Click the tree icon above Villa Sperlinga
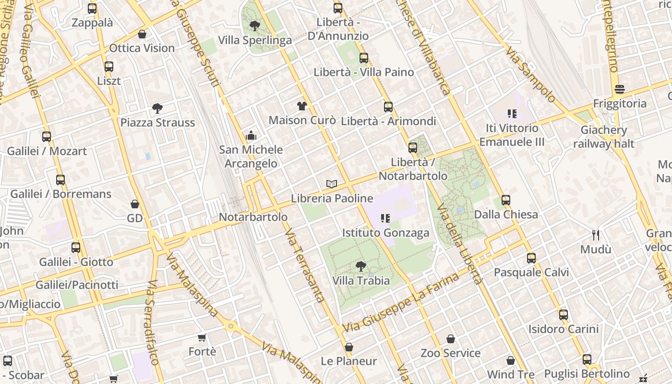tap(254, 25)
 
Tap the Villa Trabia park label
tap(361, 280)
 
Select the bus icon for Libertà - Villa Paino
tap(364, 58)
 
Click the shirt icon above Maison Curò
tap(301, 106)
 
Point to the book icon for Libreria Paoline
tap(331, 184)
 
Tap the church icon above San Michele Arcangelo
tap(251, 136)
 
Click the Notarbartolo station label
tap(253, 217)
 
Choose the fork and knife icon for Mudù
tap(596, 235)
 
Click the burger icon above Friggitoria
tap(620, 89)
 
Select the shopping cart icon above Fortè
tap(202, 338)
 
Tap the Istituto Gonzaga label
tap(385, 233)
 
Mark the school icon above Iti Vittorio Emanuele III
tap(512, 114)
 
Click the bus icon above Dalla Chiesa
tap(505, 200)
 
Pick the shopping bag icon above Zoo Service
tap(450, 339)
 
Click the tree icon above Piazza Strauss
tap(157, 108)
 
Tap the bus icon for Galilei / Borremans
tap(60, 180)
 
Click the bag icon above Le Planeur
tap(349, 347)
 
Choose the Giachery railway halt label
tap(603, 137)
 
